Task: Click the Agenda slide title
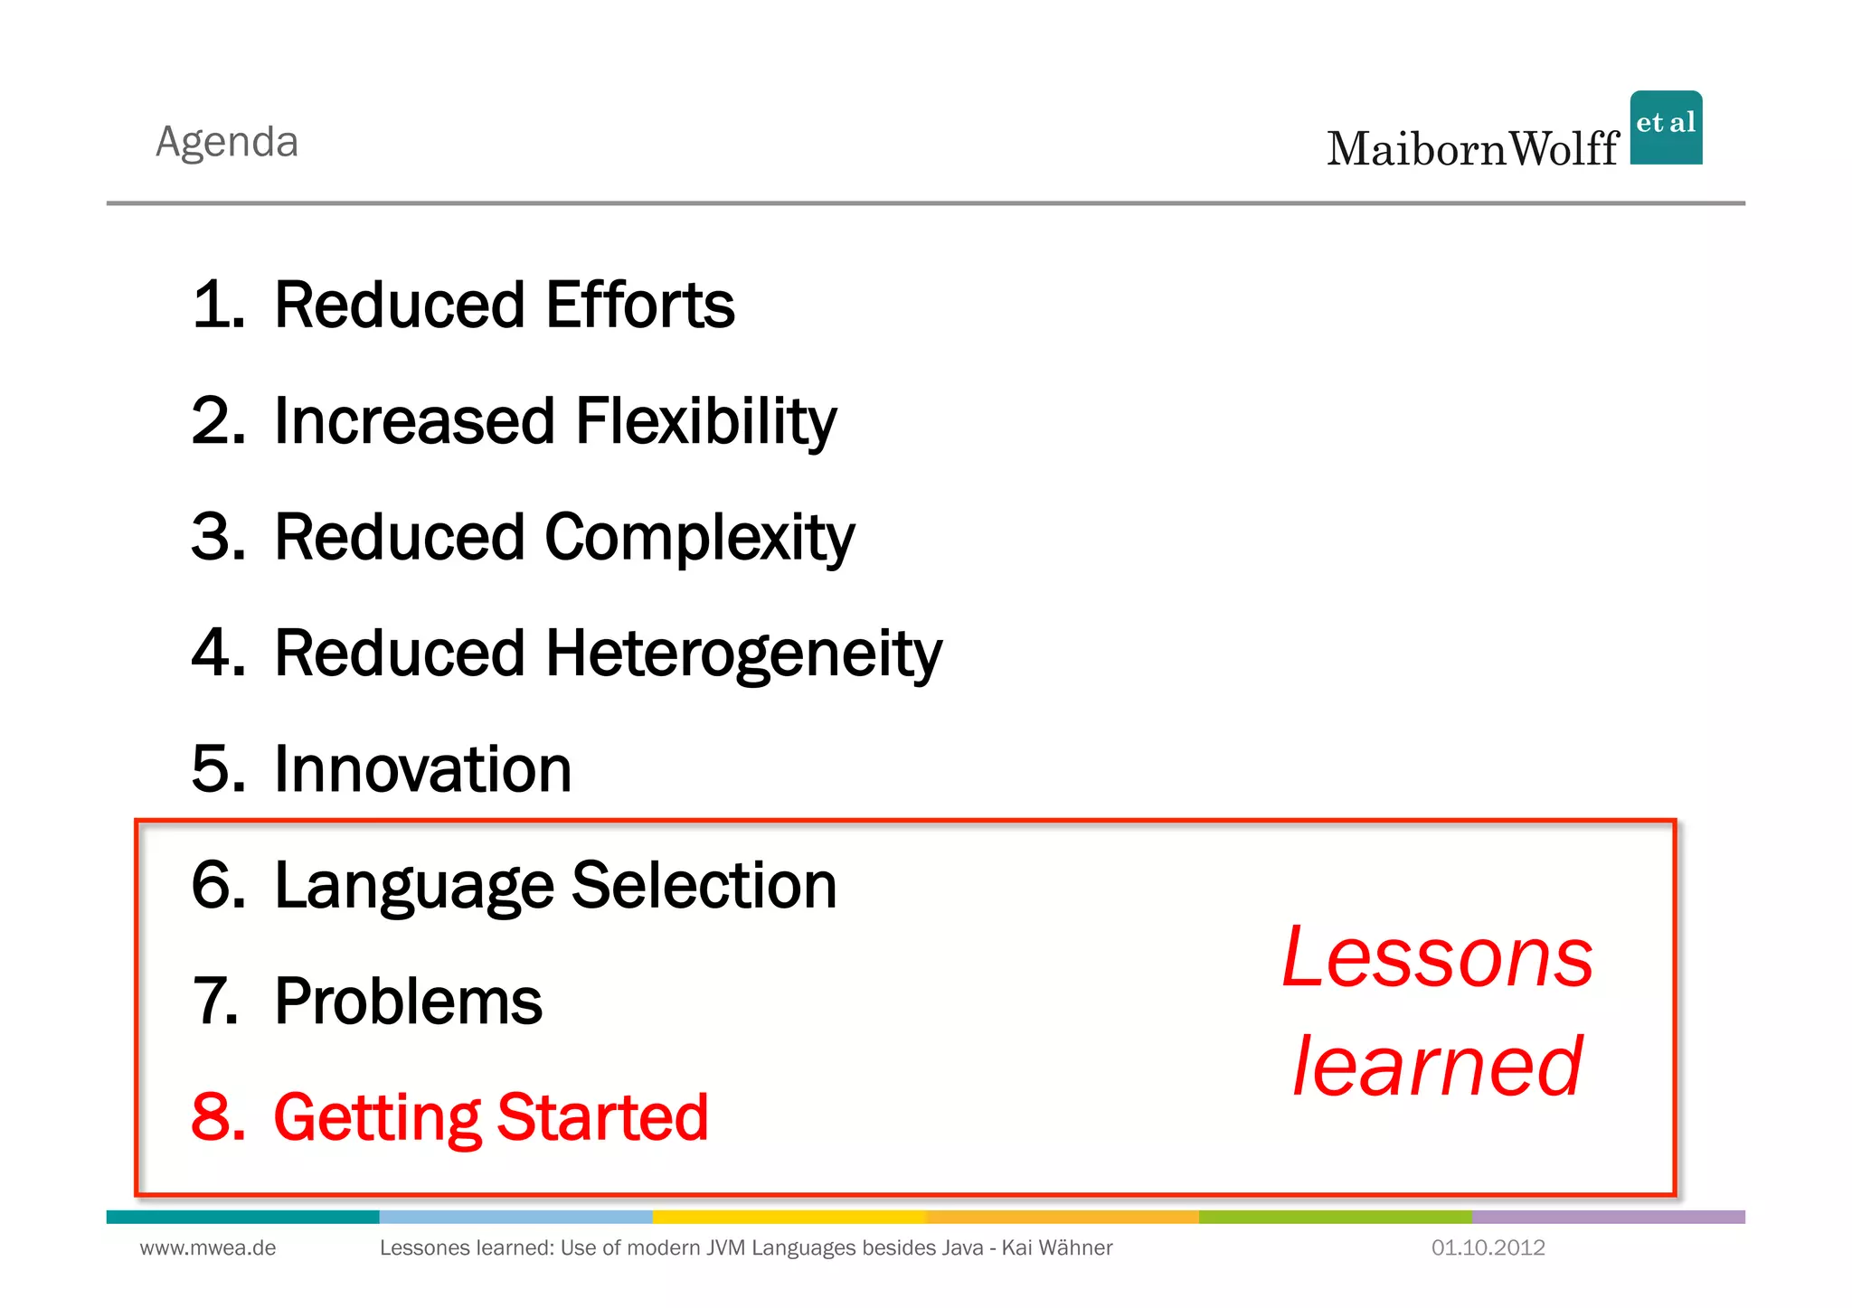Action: point(227,142)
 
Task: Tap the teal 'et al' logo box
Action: point(1666,127)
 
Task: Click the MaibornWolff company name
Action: point(1472,149)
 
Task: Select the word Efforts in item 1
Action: point(639,305)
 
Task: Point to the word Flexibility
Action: point(705,421)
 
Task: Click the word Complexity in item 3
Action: point(699,538)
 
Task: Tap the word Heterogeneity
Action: point(742,654)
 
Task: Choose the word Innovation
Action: point(422,769)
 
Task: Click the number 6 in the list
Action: point(217,885)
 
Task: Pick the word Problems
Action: point(408,1002)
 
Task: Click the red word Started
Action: point(602,1117)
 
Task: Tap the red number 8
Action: point(217,1117)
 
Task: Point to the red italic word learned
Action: point(1438,1067)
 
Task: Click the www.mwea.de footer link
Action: point(208,1248)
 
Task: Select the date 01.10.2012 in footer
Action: point(1488,1248)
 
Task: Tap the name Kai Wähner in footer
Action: point(1056,1248)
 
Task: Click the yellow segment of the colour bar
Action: point(789,1217)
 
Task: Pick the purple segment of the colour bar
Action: point(1608,1217)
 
